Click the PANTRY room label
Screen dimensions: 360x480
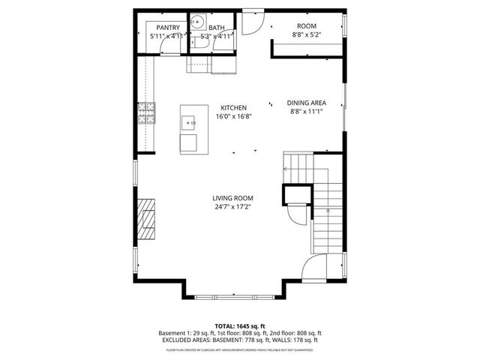tap(167, 27)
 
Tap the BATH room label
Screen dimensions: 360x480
tap(217, 27)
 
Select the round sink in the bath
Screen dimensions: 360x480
tap(198, 22)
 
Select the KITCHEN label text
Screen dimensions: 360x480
tap(233, 107)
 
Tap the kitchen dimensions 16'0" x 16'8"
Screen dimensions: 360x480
tap(233, 116)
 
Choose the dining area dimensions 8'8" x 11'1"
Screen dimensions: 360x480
tap(306, 111)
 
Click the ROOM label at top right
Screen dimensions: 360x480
tap(307, 25)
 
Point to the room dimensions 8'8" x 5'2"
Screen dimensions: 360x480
tap(307, 34)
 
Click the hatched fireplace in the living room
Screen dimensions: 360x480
tap(145, 218)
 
